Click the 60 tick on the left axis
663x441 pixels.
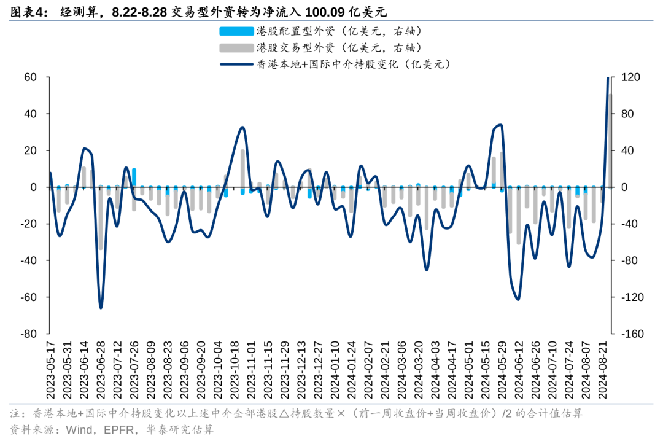click(x=29, y=77)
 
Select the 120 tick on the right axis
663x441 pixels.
click(x=630, y=77)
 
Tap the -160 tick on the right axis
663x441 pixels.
click(x=632, y=334)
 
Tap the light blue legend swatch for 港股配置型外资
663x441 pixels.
click(x=235, y=31)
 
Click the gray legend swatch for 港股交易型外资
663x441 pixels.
click(x=235, y=47)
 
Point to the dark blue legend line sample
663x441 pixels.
click(x=235, y=63)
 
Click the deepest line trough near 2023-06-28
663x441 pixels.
click(x=101, y=307)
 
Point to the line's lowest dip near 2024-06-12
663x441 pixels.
click(x=518, y=299)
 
